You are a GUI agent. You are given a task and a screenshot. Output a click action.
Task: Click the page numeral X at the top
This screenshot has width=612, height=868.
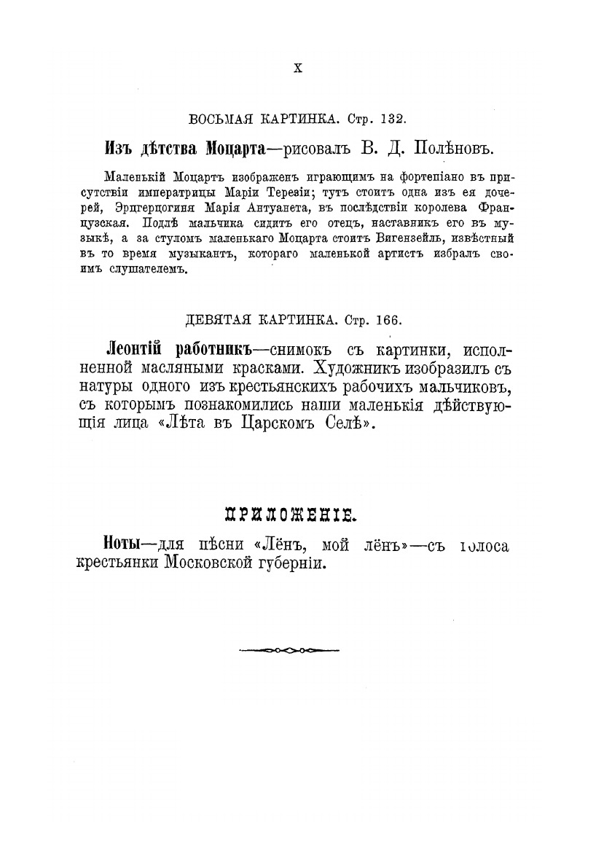point(297,69)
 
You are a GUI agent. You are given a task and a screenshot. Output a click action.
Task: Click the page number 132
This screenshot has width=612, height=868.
point(393,118)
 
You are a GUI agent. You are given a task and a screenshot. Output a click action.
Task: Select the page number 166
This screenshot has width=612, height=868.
point(387,320)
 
